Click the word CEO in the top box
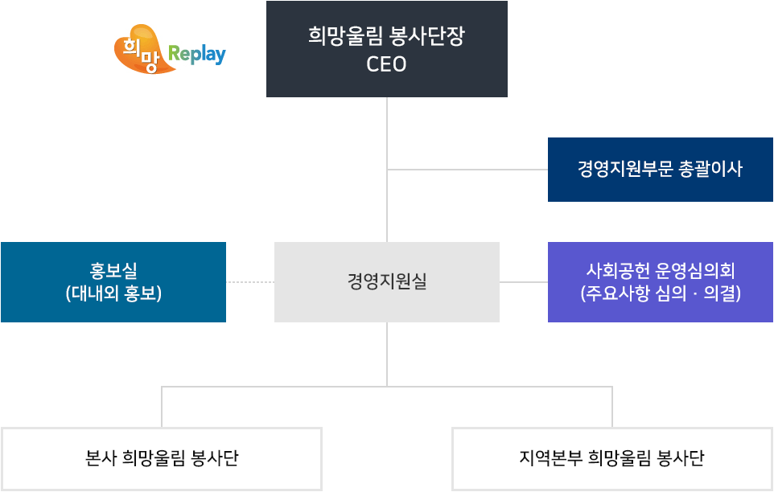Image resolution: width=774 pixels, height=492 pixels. click(x=386, y=64)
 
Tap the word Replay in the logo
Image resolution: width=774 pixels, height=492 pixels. click(x=196, y=55)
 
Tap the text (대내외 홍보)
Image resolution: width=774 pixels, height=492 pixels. click(x=113, y=293)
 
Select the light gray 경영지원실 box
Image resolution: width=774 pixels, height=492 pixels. click(x=386, y=282)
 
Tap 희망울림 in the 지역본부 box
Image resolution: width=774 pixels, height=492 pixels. click(x=620, y=459)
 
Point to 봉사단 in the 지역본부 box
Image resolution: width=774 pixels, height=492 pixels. click(x=681, y=459)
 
